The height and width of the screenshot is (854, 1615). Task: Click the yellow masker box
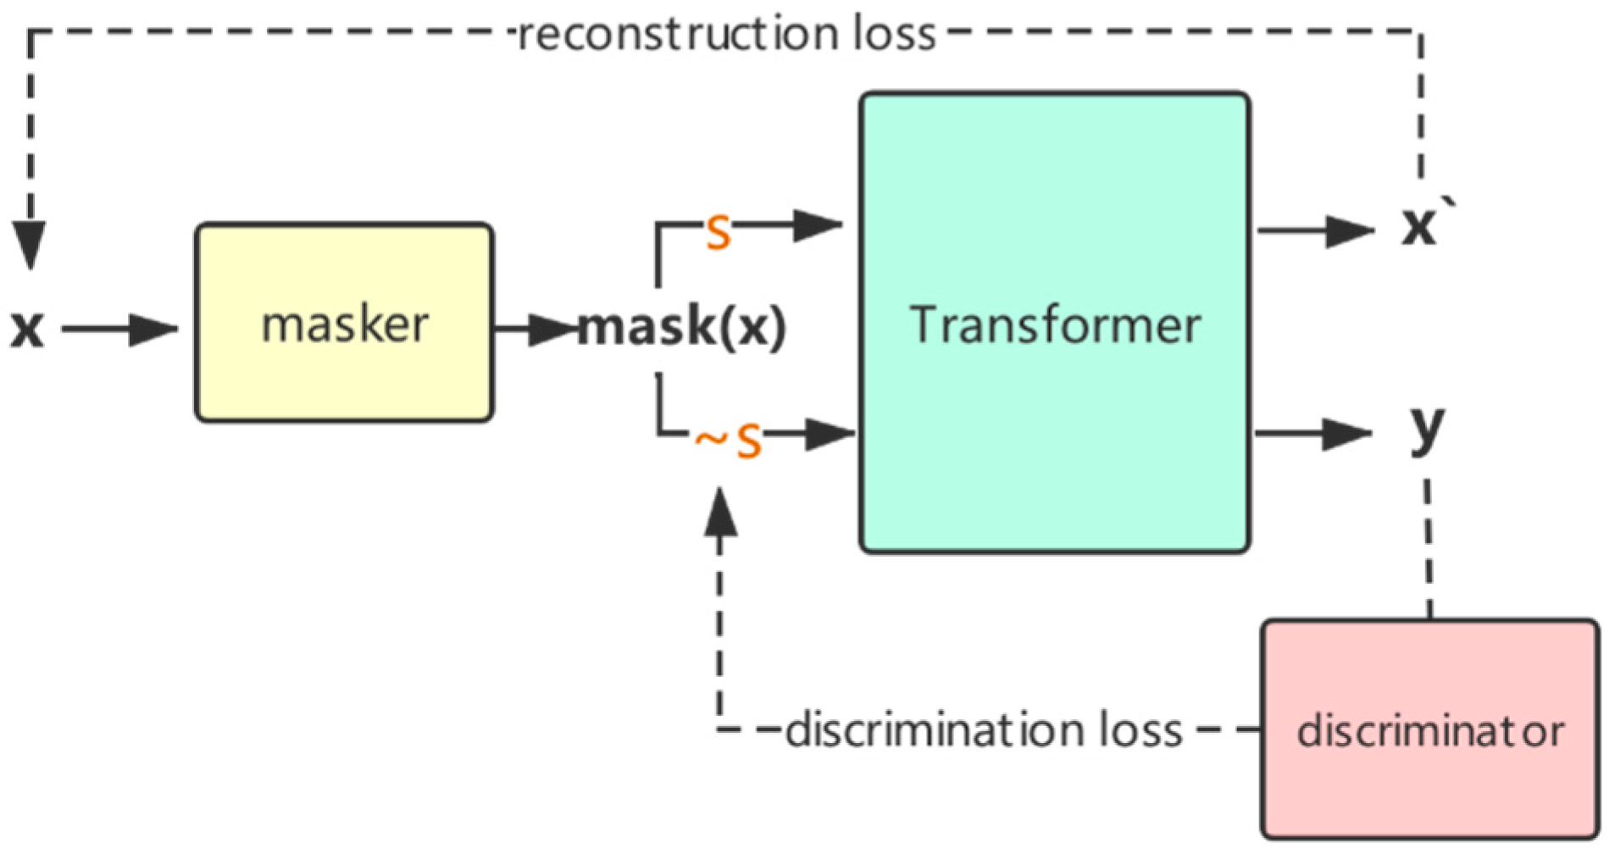coord(343,323)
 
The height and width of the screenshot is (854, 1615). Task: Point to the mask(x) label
coord(682,327)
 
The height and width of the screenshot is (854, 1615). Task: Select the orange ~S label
coord(729,440)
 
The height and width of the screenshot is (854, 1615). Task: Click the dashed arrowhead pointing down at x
coord(30,246)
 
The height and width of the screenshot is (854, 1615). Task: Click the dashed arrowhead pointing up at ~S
coord(720,513)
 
